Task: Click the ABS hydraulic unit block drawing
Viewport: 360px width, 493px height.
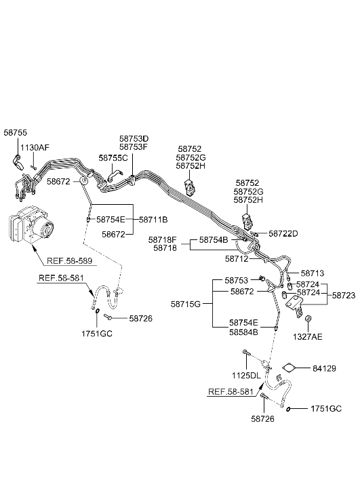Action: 31,223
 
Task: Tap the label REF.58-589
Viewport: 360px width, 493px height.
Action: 69,260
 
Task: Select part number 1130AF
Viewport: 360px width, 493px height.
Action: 35,147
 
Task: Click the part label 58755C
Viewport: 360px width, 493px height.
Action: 113,158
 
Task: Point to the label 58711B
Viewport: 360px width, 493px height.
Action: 153,220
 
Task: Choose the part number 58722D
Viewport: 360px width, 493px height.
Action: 283,233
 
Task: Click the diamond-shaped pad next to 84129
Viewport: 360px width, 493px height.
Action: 289,368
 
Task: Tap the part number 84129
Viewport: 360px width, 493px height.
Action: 324,368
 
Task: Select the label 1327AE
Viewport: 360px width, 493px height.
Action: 308,337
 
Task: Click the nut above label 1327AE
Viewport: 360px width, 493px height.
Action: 308,319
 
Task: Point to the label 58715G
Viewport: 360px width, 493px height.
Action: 186,304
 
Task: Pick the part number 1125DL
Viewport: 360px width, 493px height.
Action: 247,375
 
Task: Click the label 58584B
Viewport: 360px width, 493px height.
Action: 243,332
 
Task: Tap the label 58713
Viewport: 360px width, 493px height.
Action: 313,273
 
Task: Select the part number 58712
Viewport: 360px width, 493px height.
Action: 237,259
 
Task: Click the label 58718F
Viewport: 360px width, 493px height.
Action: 163,240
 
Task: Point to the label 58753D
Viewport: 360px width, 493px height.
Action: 134,138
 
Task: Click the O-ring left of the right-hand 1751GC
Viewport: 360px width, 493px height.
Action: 288,409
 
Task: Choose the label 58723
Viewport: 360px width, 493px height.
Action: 344,295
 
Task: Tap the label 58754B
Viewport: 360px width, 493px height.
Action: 214,240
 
